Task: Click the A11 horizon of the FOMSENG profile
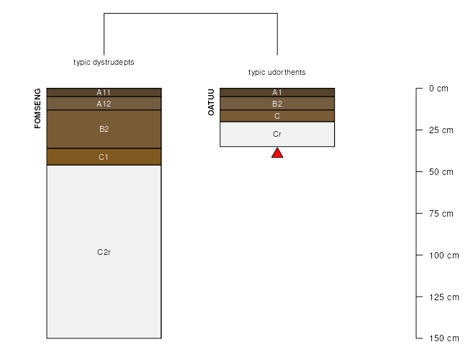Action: coord(104,93)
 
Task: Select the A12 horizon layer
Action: coord(104,104)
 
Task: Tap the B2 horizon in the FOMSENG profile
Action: coord(104,130)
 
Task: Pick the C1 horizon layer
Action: coord(104,157)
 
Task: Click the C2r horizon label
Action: coord(104,252)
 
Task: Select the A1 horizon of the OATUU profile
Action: coord(277,93)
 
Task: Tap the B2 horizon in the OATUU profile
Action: coord(277,104)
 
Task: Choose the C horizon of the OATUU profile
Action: coord(277,116)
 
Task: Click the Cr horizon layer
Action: coord(277,134)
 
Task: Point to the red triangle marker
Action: coord(277,153)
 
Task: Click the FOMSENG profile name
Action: coord(37,108)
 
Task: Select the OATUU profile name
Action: coord(211,102)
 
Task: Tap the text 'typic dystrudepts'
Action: coord(104,62)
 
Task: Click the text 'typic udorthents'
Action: coord(277,72)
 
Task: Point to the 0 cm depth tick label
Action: coord(438,89)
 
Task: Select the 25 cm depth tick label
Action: coord(441,130)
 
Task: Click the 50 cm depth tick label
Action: coord(441,172)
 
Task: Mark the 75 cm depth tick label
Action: coord(441,214)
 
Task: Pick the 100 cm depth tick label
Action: coord(444,256)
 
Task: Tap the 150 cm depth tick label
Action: coord(444,338)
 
